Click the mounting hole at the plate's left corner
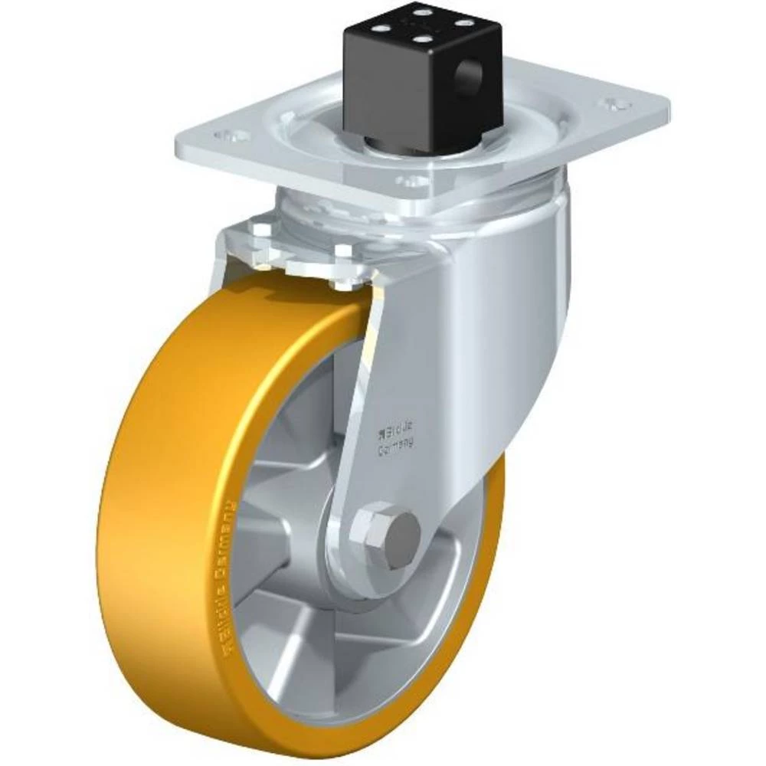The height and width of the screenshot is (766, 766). [x=230, y=137]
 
